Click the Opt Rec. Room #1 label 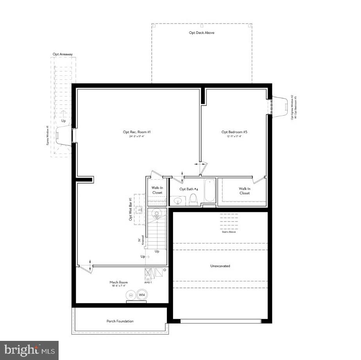pyautogui.click(x=137, y=132)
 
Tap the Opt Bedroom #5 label pyautogui.click(x=234, y=132)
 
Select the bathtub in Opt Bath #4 pyautogui.click(x=210, y=190)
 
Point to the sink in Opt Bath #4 pyautogui.click(x=178, y=201)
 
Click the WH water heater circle pyautogui.click(x=141, y=295)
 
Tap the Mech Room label pyautogui.click(x=118, y=282)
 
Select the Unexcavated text pyautogui.click(x=220, y=266)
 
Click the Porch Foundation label pyautogui.click(x=120, y=321)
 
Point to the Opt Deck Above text pyautogui.click(x=202, y=33)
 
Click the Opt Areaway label pyautogui.click(x=63, y=54)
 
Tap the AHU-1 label pyautogui.click(x=148, y=282)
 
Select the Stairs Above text pyautogui.click(x=229, y=232)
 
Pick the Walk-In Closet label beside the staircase pyautogui.click(x=157, y=190)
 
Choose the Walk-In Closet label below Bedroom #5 pyautogui.click(x=245, y=191)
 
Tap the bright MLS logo pyautogui.click(x=29, y=350)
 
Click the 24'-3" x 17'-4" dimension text pyautogui.click(x=137, y=137)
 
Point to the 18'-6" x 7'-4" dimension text pyautogui.click(x=118, y=286)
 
